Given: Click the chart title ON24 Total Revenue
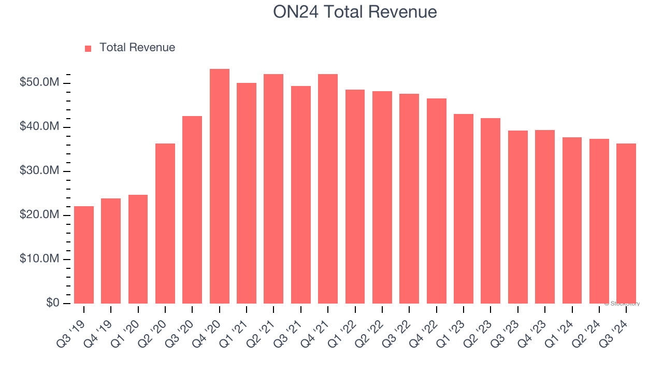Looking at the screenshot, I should [355, 12].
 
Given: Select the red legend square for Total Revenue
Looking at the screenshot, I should [88, 48].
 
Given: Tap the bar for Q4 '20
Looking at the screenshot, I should [220, 187].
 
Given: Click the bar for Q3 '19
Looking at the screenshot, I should [84, 255].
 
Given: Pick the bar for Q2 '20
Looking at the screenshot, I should [165, 223].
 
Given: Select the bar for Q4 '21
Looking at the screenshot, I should [328, 189].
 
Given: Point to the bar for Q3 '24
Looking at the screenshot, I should [626, 223].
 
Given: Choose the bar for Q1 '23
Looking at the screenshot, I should [464, 209].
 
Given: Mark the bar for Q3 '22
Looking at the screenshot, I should [409, 198].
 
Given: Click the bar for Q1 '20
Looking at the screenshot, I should [138, 249].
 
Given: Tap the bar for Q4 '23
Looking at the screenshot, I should [545, 217].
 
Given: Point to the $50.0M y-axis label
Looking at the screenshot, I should [39, 83].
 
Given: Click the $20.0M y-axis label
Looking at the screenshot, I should [39, 215].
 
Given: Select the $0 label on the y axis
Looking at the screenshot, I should [52, 303].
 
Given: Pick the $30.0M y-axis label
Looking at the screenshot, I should [39, 171].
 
